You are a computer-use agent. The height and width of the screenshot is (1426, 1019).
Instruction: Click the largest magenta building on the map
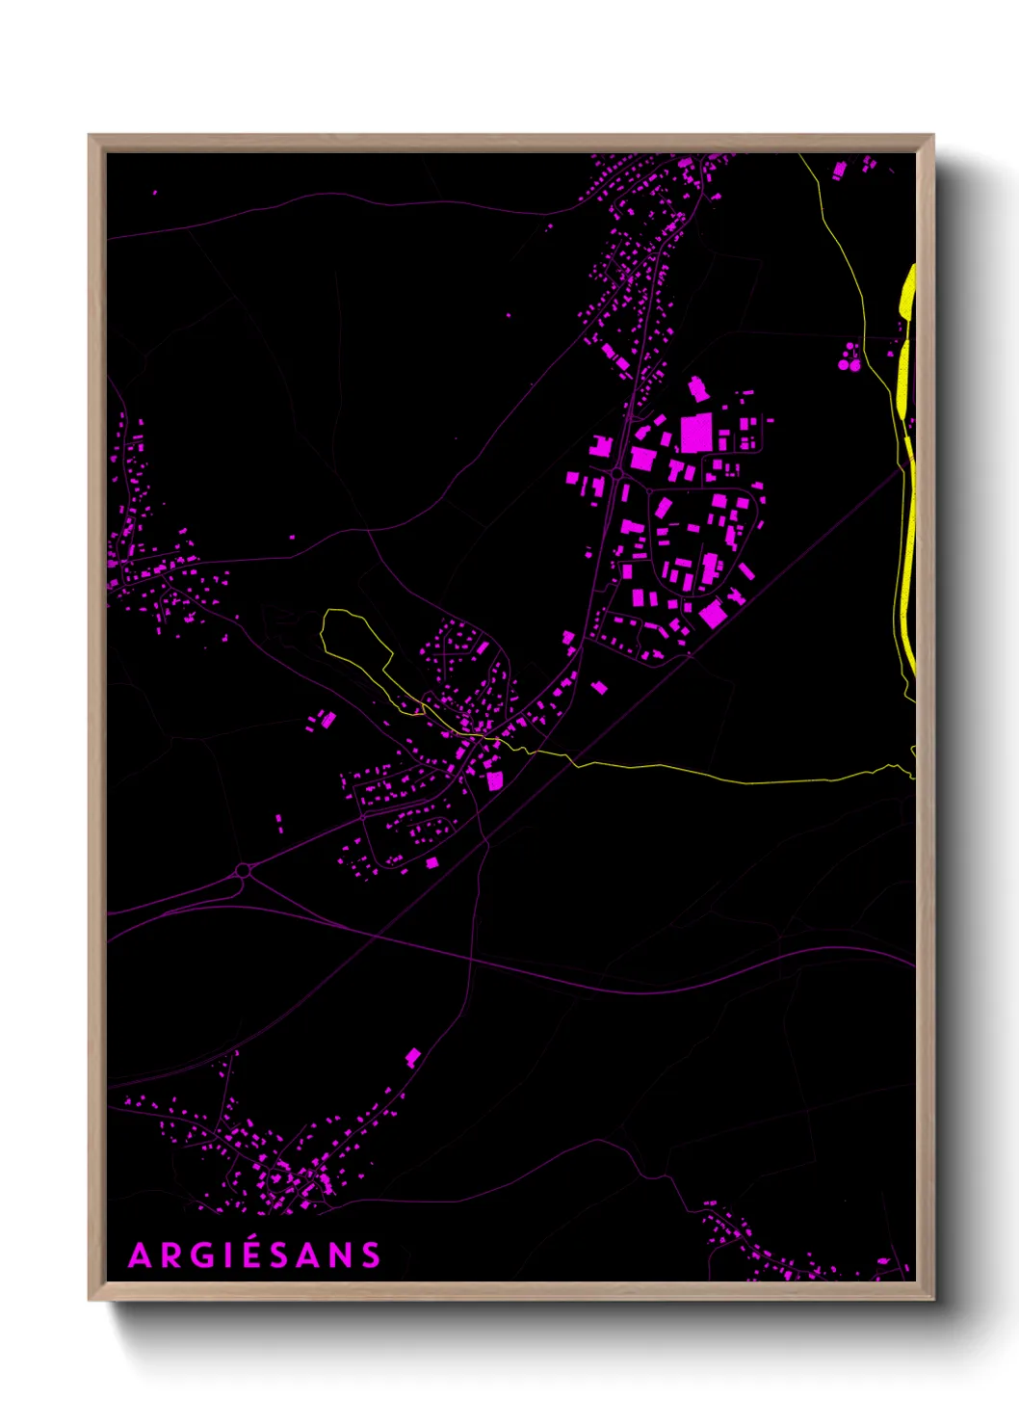click(695, 433)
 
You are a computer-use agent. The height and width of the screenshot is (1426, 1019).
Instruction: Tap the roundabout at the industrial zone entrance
click(616, 474)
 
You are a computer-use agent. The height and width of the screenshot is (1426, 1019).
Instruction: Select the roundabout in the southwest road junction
click(243, 871)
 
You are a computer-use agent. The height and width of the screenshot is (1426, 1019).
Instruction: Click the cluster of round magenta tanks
click(849, 357)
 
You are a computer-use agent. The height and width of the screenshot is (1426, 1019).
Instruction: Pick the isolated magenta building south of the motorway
click(413, 1058)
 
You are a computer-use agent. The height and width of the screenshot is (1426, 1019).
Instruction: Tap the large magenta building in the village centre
click(495, 779)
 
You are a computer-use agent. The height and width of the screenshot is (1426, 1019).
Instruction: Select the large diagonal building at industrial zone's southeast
click(713, 614)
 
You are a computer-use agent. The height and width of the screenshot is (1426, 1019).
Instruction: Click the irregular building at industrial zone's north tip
click(698, 389)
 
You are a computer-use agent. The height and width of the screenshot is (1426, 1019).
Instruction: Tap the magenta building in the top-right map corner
click(839, 170)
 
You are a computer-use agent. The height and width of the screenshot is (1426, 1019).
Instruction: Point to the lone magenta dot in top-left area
click(155, 193)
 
